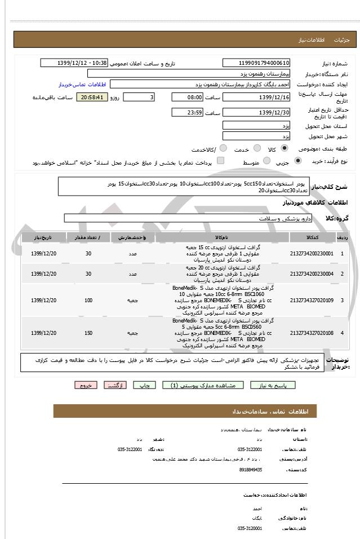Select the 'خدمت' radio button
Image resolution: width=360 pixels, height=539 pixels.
click(x=256, y=149)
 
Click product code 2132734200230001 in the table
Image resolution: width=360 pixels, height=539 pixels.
click(x=311, y=254)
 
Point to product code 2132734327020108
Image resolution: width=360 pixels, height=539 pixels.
click(x=311, y=333)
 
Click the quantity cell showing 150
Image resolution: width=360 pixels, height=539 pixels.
click(x=88, y=333)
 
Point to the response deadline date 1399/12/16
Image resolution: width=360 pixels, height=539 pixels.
click(x=257, y=97)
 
